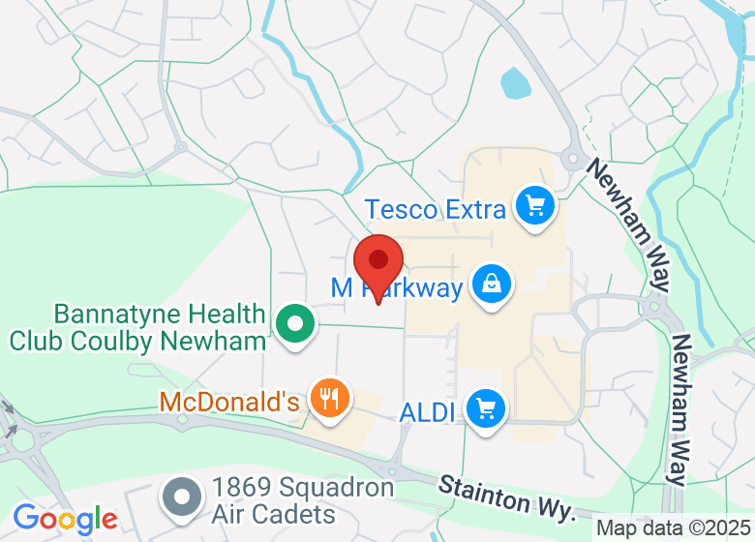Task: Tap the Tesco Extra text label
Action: (x=436, y=209)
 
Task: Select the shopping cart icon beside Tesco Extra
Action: (x=533, y=205)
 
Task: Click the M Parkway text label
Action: (x=397, y=287)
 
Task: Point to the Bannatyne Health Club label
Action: (x=137, y=327)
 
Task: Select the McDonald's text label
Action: (x=229, y=401)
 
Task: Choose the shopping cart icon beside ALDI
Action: (x=486, y=408)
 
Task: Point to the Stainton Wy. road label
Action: (x=507, y=494)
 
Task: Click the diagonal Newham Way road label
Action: (x=627, y=225)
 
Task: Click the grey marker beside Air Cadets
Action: (x=180, y=497)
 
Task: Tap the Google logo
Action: (x=65, y=519)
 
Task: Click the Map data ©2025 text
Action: (x=674, y=528)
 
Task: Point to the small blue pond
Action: (x=515, y=83)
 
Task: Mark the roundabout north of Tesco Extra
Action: (x=572, y=157)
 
